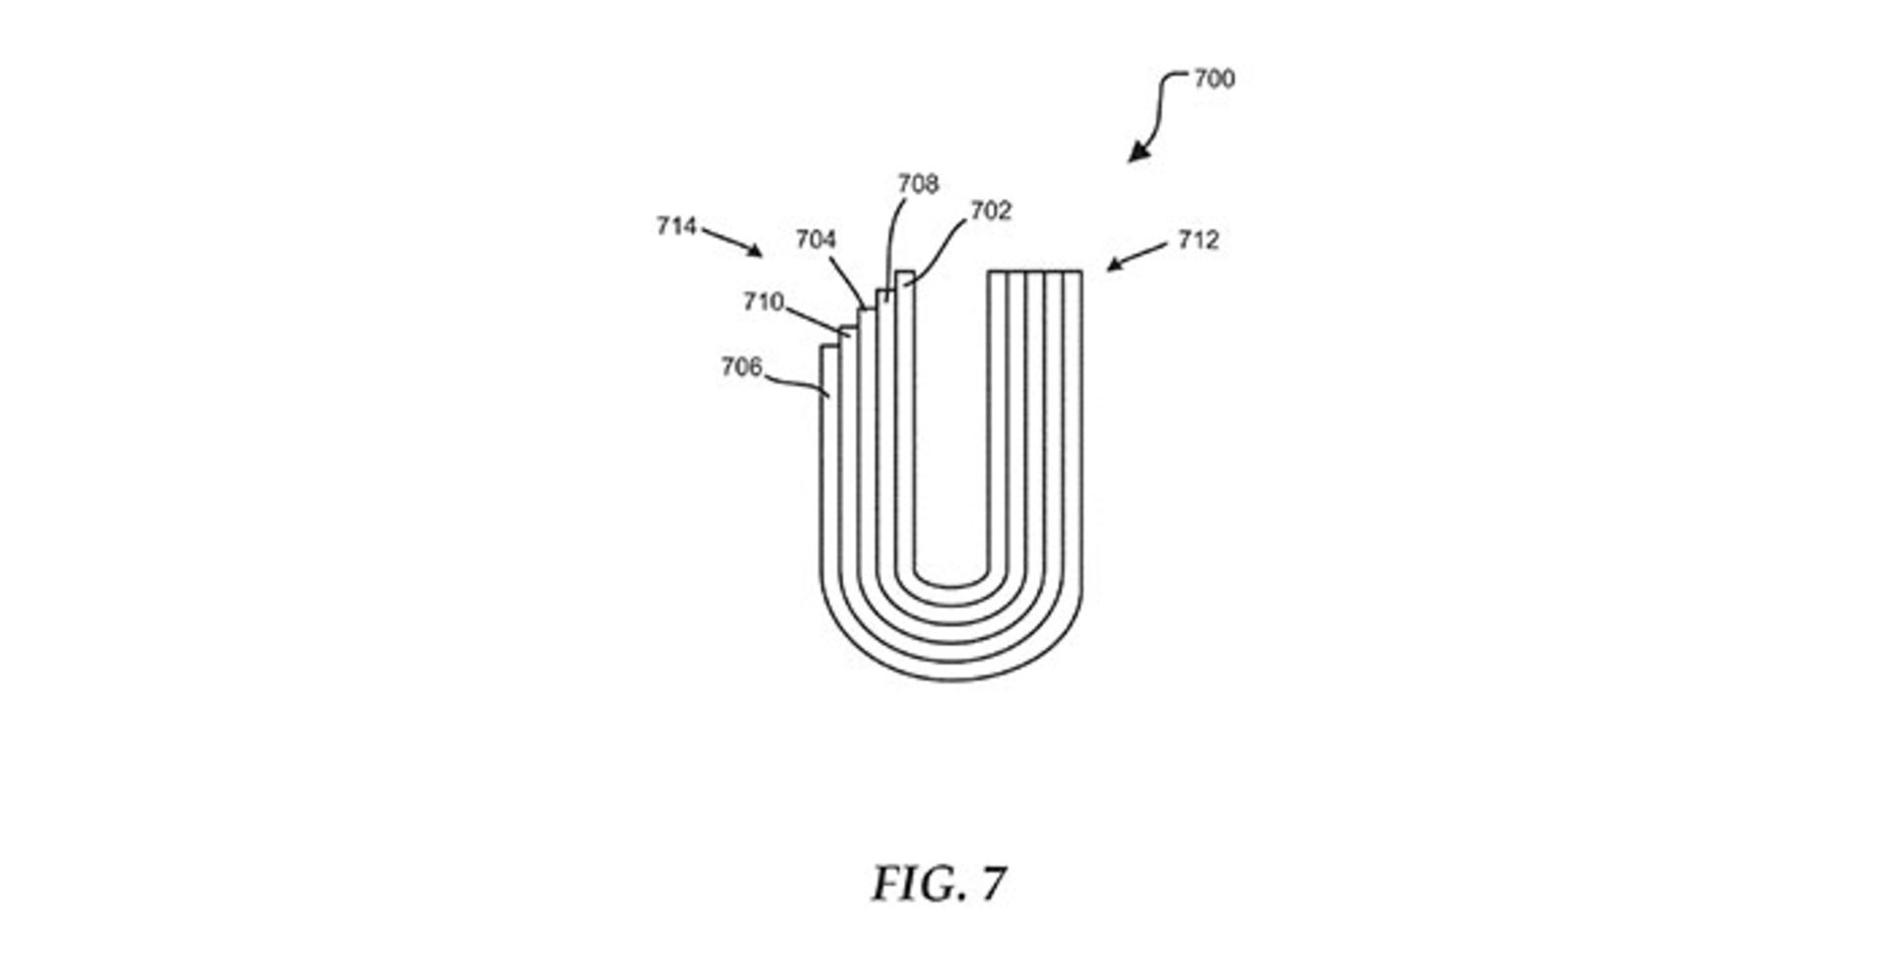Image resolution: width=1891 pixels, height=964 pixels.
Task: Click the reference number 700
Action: click(x=1213, y=79)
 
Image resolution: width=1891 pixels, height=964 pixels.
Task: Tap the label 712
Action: click(x=1198, y=240)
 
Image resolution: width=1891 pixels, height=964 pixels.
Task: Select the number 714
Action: click(x=677, y=226)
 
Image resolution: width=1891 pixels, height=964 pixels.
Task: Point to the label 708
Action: click(x=918, y=184)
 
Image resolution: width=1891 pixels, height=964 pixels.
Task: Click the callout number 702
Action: click(x=991, y=211)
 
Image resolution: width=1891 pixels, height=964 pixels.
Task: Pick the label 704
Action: click(x=815, y=239)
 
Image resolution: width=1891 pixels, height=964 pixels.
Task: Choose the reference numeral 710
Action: click(x=763, y=301)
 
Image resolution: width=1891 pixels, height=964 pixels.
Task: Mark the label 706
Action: click(x=742, y=367)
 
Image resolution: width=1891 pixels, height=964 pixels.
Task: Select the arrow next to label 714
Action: click(x=734, y=242)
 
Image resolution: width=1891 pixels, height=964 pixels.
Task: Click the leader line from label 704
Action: click(x=848, y=282)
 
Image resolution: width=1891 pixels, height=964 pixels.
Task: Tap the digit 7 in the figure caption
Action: click(x=993, y=884)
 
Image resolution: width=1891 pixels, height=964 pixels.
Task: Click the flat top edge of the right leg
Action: click(x=1035, y=272)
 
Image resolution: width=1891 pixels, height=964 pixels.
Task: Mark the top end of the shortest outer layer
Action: click(x=829, y=347)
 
